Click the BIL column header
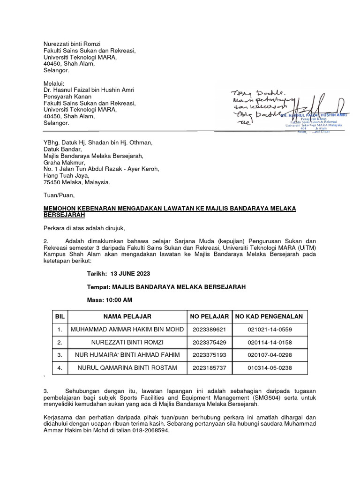click(x=60, y=316)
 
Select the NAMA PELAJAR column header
click(x=127, y=316)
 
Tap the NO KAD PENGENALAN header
click(x=270, y=316)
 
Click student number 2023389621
click(x=209, y=330)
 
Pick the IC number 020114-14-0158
click(x=270, y=342)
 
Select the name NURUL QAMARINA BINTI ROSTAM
click(x=127, y=368)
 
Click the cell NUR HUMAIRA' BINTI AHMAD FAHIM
click(x=127, y=355)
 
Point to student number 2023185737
click(x=209, y=368)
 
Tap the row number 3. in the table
click(x=60, y=355)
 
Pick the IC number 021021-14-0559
click(x=270, y=330)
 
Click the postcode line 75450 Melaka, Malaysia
click(x=74, y=182)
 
